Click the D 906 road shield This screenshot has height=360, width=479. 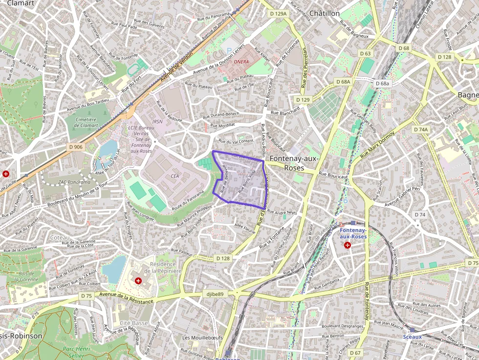[x=76, y=147]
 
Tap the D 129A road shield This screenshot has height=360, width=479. [x=278, y=14]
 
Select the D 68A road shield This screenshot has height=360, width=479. [x=344, y=82]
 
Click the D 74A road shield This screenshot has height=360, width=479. [x=420, y=129]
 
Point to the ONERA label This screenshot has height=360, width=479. [x=241, y=62]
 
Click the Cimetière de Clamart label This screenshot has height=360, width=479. [x=87, y=122]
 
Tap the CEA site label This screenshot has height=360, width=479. [x=175, y=175]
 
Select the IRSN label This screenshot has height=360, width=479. [x=157, y=122]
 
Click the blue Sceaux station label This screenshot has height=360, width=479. [x=413, y=337]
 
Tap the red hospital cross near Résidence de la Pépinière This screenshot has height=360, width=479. [x=138, y=281]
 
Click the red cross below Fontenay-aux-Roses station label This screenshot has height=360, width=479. [x=348, y=245]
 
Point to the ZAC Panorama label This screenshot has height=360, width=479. [x=74, y=182]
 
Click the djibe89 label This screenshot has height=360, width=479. [x=215, y=294]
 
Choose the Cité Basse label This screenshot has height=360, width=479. [x=133, y=323]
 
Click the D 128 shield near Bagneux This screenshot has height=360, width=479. [x=445, y=57]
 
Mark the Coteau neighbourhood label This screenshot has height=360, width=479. [x=60, y=237]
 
